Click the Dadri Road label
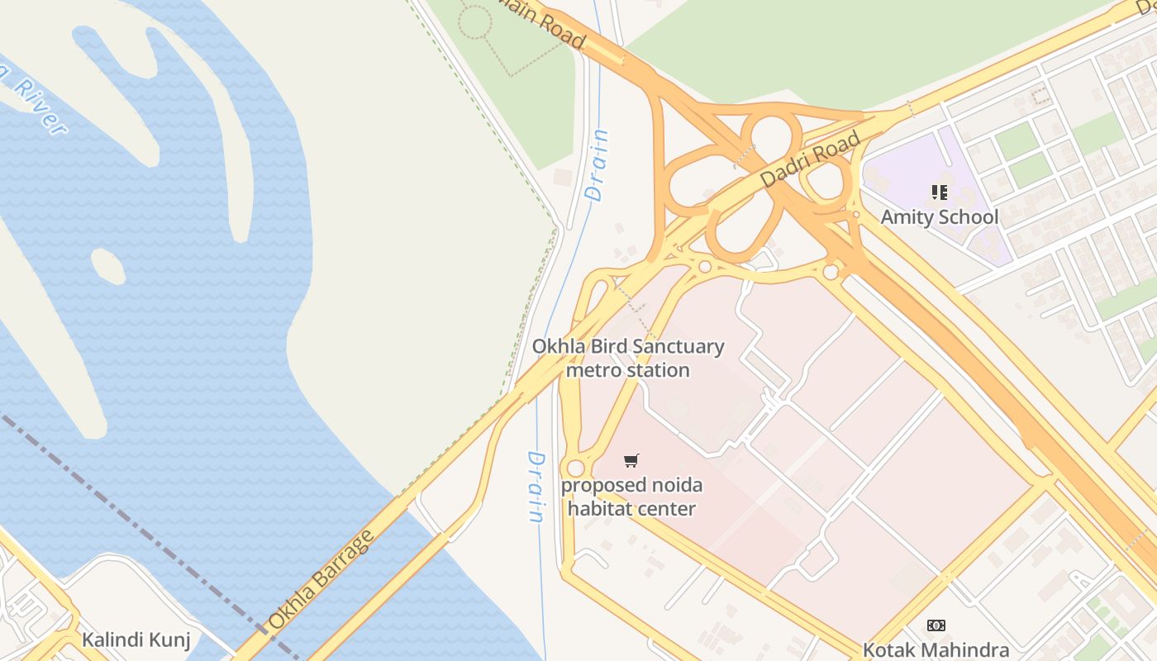[x=810, y=159]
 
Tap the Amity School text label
[x=939, y=217]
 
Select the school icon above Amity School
[x=939, y=193]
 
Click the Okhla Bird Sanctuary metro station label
[x=628, y=358]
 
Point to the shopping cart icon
[x=631, y=460]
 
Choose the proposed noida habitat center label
[x=631, y=497]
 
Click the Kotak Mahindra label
[x=936, y=649]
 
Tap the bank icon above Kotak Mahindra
[x=936, y=625]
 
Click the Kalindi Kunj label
[x=136, y=640]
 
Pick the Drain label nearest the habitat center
[x=536, y=486]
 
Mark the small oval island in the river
[x=107, y=265]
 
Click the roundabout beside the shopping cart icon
[x=575, y=468]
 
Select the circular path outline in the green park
[x=475, y=22]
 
